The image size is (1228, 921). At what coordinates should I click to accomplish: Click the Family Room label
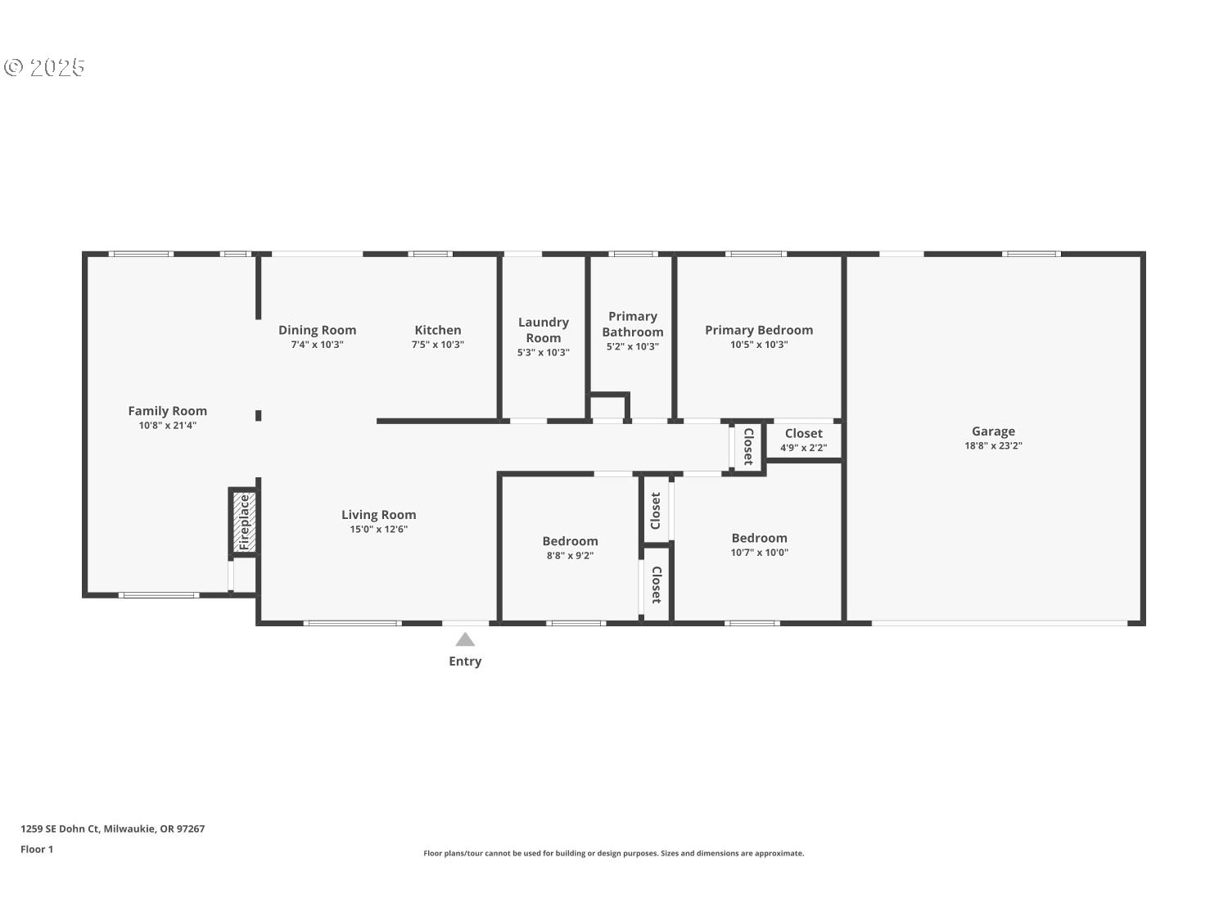click(x=167, y=411)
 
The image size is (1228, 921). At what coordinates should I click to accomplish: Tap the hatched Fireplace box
click(x=244, y=522)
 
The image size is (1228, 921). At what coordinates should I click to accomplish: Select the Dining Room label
click(x=317, y=331)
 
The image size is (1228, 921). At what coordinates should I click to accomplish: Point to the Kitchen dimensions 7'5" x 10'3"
click(x=437, y=345)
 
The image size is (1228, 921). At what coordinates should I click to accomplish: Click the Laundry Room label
click(x=544, y=330)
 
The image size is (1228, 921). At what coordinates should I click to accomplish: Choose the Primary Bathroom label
click(x=633, y=323)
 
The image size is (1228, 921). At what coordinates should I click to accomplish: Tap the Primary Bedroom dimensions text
click(x=759, y=345)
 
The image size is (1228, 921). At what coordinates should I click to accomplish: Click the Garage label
click(x=993, y=431)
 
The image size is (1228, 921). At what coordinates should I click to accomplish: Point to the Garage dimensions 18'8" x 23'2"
click(x=993, y=445)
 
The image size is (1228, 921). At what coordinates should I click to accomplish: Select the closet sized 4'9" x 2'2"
click(x=803, y=440)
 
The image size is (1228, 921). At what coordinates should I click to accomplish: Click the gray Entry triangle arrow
click(x=465, y=639)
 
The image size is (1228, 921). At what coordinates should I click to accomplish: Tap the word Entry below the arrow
click(x=465, y=661)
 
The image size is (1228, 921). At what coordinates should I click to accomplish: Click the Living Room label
click(x=379, y=514)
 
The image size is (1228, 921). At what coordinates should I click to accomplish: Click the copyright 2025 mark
click(x=44, y=67)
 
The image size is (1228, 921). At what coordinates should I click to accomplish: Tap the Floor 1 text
click(x=37, y=850)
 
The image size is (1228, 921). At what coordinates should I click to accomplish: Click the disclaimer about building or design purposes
click(x=614, y=853)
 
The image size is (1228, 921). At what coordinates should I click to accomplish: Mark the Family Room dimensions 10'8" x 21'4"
click(x=167, y=426)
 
